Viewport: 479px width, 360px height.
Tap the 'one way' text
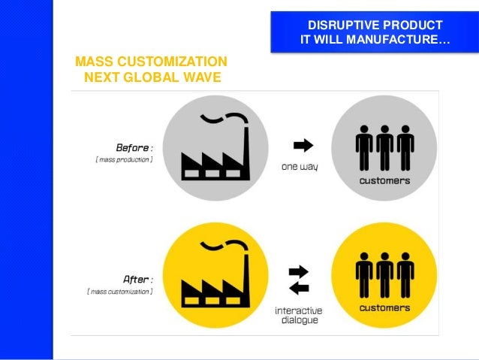300,166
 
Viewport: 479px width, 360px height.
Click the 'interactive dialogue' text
299,314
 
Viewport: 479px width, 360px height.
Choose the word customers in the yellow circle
384,307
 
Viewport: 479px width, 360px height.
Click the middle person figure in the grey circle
385,147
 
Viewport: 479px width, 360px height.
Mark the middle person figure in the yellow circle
385,274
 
